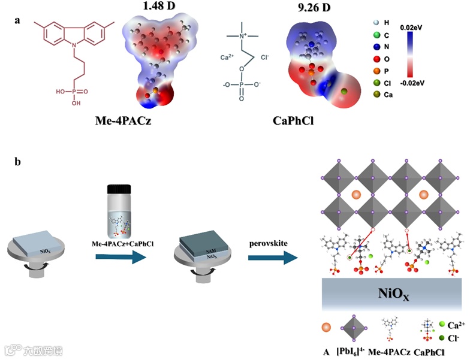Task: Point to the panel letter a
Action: (18, 20)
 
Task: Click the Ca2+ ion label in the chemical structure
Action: (227, 58)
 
